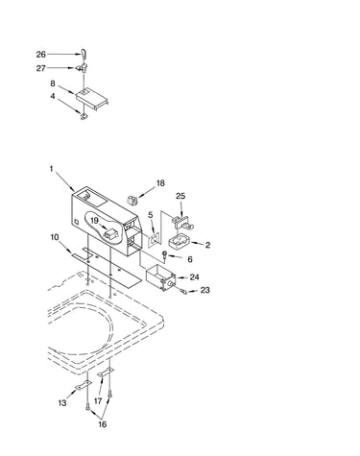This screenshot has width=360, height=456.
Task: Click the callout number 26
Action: click(41, 55)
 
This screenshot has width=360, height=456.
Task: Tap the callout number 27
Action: click(41, 68)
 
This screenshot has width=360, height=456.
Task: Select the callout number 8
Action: click(53, 84)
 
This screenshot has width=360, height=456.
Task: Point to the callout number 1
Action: click(51, 169)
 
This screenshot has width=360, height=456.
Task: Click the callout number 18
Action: click(160, 183)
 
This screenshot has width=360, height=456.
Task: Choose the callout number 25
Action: click(180, 196)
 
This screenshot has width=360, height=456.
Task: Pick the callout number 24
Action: click(195, 277)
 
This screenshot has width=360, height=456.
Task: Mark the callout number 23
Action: click(205, 290)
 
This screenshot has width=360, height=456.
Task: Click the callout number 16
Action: click(102, 424)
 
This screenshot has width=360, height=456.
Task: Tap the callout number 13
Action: click(62, 403)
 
